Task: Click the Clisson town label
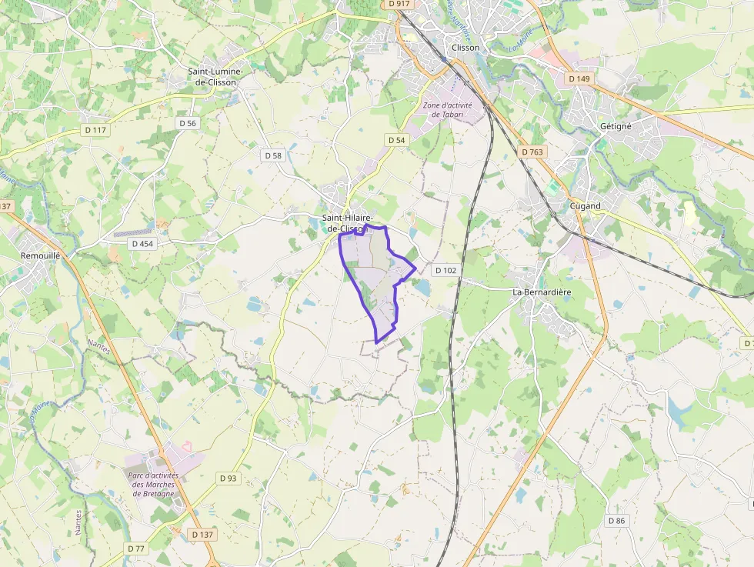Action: [465, 47]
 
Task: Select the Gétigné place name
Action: [616, 126]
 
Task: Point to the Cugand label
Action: [586, 205]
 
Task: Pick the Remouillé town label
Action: [40, 255]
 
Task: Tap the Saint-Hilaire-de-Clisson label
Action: [349, 223]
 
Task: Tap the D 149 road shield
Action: [579, 78]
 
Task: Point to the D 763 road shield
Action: [532, 152]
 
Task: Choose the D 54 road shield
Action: [396, 139]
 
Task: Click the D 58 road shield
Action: [274, 155]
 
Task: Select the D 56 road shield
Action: [188, 123]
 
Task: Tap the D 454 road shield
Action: [142, 243]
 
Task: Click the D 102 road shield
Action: [445, 270]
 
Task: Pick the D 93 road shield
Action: [229, 478]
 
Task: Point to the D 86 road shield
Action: [617, 521]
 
